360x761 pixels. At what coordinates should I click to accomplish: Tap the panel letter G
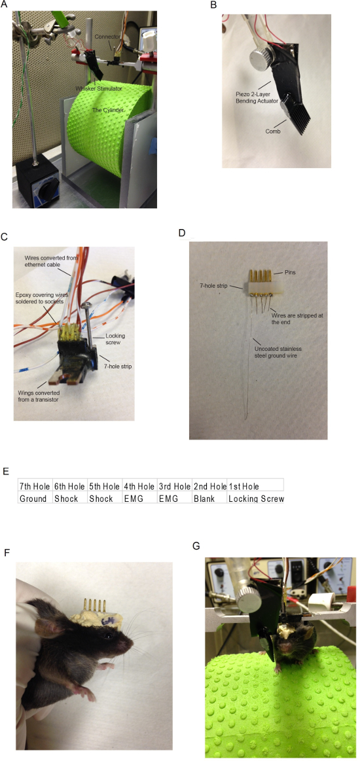(196, 546)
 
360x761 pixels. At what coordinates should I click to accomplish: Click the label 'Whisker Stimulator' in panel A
(98, 88)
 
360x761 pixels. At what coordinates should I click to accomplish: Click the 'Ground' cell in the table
(31, 499)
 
